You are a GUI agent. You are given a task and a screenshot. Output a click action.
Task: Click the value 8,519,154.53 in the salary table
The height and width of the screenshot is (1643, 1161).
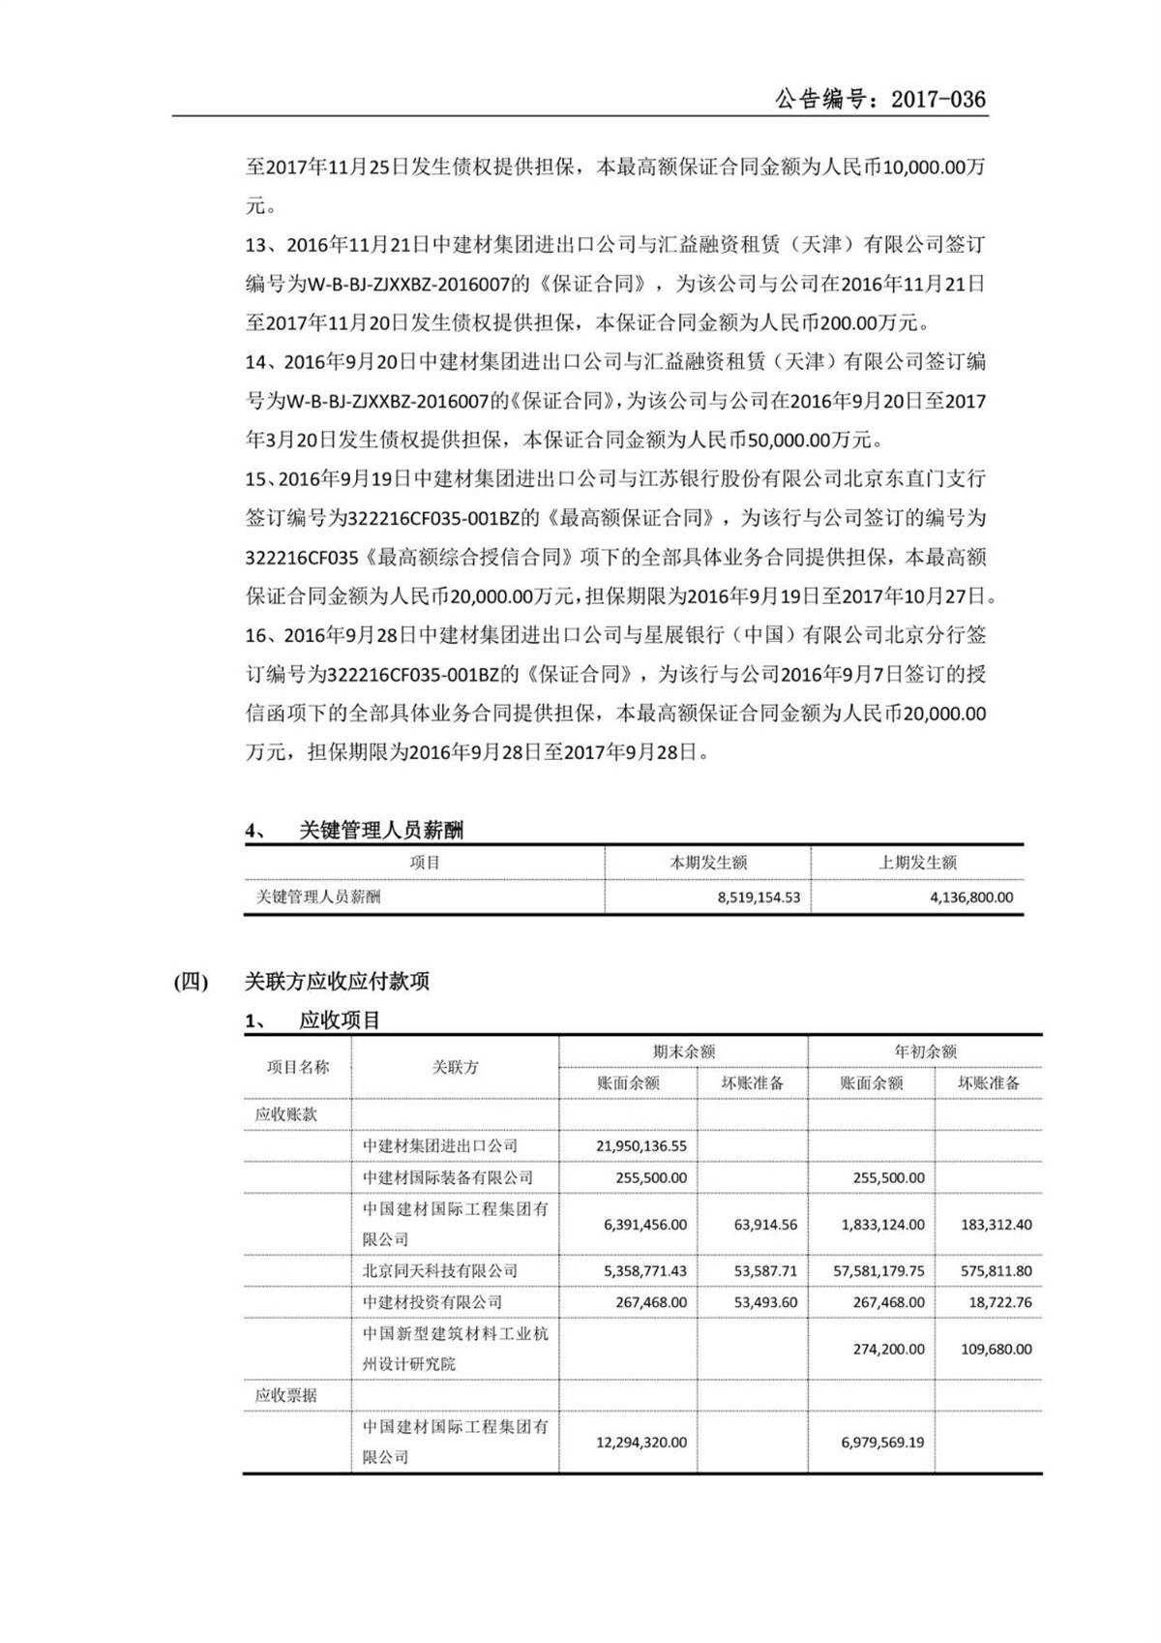click(x=759, y=898)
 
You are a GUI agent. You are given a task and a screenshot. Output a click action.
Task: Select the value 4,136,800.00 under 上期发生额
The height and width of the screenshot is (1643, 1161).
click(x=970, y=898)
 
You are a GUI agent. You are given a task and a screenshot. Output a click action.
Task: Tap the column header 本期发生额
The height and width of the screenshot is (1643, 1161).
click(x=708, y=863)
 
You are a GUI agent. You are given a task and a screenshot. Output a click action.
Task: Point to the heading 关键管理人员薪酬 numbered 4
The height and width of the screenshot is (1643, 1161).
click(x=380, y=831)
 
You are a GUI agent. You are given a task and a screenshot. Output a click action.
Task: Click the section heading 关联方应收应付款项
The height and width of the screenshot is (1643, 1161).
click(x=337, y=982)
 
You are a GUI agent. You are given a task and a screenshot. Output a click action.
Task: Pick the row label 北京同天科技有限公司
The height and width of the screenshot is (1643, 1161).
click(x=440, y=1271)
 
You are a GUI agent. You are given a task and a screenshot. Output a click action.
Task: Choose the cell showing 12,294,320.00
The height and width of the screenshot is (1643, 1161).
click(x=640, y=1443)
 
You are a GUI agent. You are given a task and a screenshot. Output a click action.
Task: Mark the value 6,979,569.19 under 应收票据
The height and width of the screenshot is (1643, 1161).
click(x=882, y=1443)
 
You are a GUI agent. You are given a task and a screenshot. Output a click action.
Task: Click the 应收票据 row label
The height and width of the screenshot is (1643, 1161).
click(x=286, y=1396)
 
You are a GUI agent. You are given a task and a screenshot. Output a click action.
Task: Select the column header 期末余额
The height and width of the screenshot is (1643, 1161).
click(x=683, y=1051)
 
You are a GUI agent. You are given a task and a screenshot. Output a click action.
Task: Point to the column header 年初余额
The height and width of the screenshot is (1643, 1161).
click(x=925, y=1051)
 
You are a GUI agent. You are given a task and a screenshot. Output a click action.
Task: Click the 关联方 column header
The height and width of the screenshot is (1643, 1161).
click(x=455, y=1067)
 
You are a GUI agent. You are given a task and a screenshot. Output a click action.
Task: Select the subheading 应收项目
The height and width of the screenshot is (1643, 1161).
click(x=340, y=1020)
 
